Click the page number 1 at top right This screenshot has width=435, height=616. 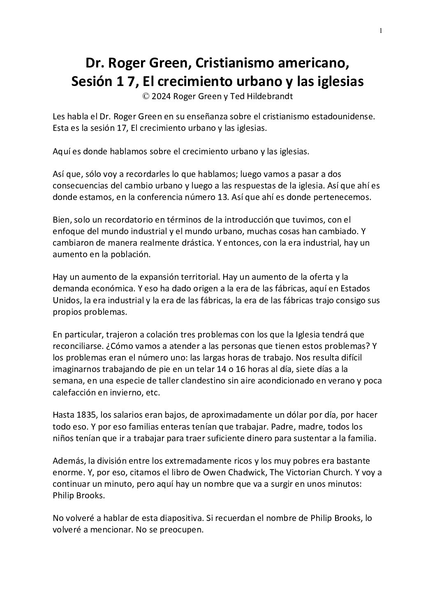381,30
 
